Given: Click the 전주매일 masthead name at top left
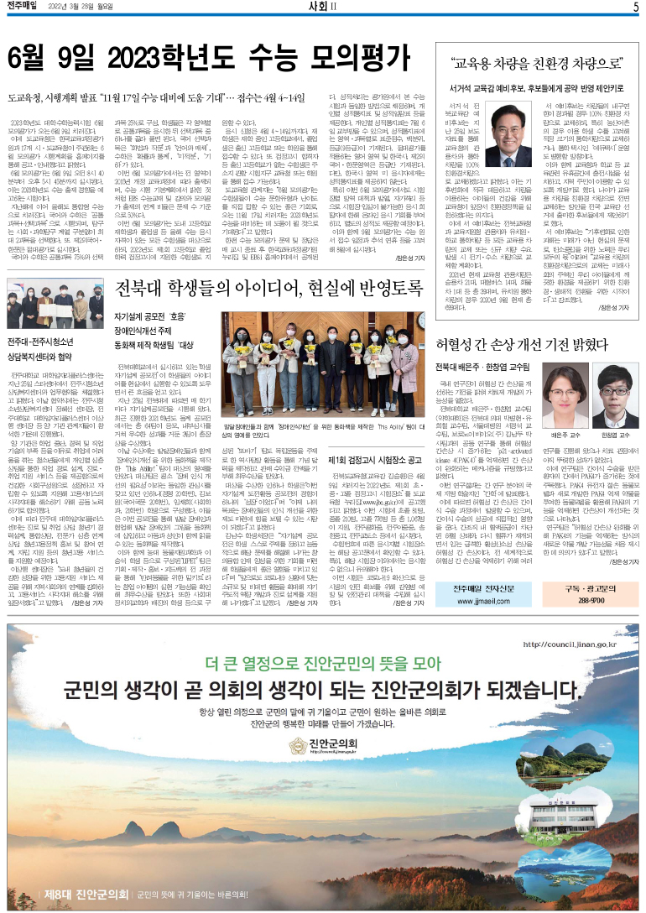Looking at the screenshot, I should [x=26, y=8].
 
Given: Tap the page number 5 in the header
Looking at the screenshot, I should [x=635, y=8].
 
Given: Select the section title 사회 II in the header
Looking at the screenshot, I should [x=322, y=8].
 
